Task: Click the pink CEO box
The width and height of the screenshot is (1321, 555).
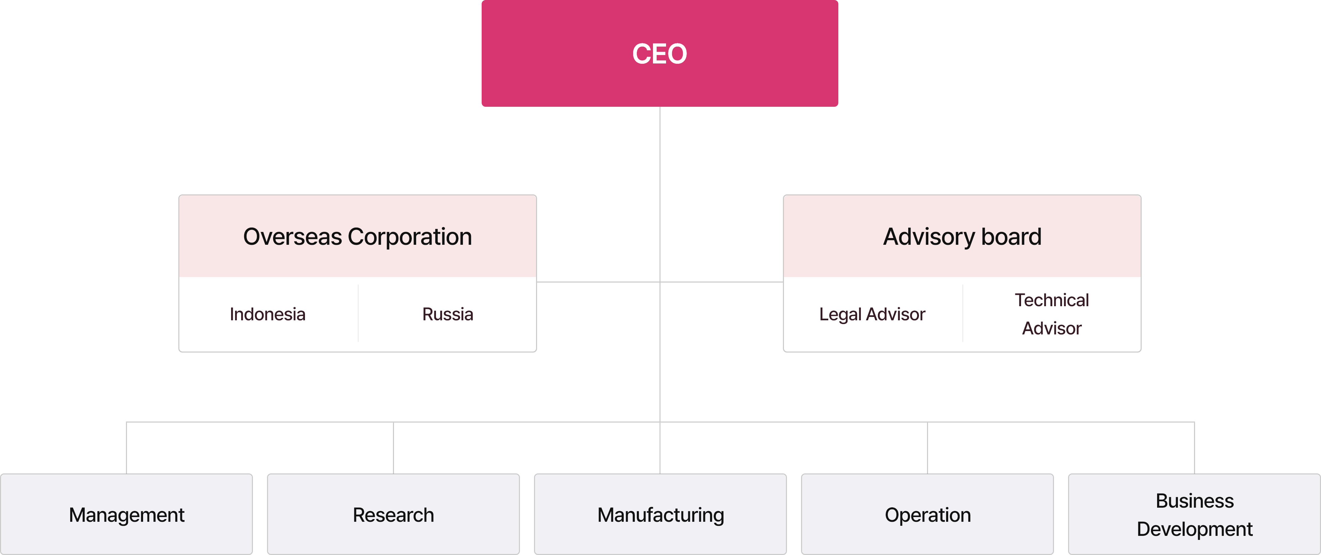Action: (x=659, y=53)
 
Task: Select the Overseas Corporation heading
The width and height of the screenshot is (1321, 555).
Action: (x=357, y=236)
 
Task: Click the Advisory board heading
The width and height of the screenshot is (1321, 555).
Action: (x=962, y=236)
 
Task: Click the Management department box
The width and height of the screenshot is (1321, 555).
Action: (x=127, y=514)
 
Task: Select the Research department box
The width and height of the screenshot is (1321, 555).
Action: (x=393, y=514)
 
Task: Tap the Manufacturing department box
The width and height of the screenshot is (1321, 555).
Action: (x=660, y=514)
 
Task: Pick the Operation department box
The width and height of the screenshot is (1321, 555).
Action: (x=928, y=514)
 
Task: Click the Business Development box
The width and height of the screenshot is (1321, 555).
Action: (x=1194, y=514)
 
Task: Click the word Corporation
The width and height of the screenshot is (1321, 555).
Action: (x=410, y=237)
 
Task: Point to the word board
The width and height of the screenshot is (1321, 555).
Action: (x=1011, y=237)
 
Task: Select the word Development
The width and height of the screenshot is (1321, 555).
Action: (x=1194, y=529)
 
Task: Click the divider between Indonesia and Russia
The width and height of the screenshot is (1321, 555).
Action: (x=358, y=314)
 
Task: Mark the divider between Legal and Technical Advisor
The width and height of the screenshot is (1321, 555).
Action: (x=963, y=314)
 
